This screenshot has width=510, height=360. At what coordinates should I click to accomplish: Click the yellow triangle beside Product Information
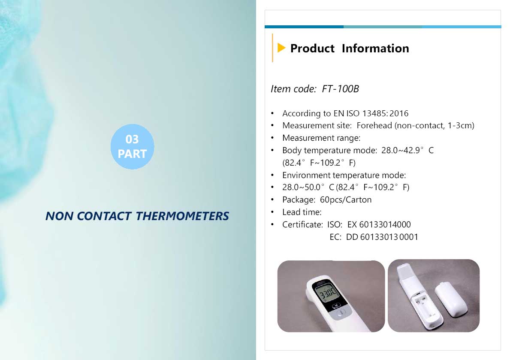click(281, 48)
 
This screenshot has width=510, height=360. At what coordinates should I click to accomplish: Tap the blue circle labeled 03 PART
click(133, 146)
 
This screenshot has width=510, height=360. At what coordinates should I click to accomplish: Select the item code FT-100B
click(340, 89)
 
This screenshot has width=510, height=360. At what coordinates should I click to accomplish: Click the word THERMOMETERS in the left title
click(182, 216)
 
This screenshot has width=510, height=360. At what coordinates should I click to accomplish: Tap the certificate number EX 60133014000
click(379, 224)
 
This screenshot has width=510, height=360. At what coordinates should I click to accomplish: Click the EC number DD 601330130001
click(382, 237)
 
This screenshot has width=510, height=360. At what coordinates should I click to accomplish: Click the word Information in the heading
click(375, 48)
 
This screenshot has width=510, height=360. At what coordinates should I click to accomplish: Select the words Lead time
click(302, 212)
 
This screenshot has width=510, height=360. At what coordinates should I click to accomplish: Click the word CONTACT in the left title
click(104, 216)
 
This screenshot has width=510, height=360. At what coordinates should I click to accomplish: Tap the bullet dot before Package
click(272, 200)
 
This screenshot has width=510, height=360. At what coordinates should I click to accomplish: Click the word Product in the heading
click(312, 48)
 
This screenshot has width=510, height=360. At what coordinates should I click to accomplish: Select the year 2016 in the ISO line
click(399, 113)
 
